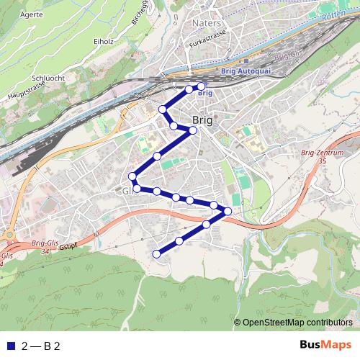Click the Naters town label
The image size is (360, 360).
click(x=207, y=22)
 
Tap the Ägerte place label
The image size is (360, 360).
click(x=31, y=14)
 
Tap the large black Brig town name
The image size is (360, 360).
click(x=202, y=120)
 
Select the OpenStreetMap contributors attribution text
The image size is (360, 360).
click(x=297, y=323)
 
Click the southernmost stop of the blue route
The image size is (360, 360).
click(x=156, y=253)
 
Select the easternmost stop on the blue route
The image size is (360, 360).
click(x=228, y=211)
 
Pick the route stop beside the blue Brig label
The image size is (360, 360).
click(x=201, y=86)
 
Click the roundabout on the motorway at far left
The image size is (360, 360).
click(x=11, y=235)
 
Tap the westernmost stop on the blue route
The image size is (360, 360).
click(x=132, y=176)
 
